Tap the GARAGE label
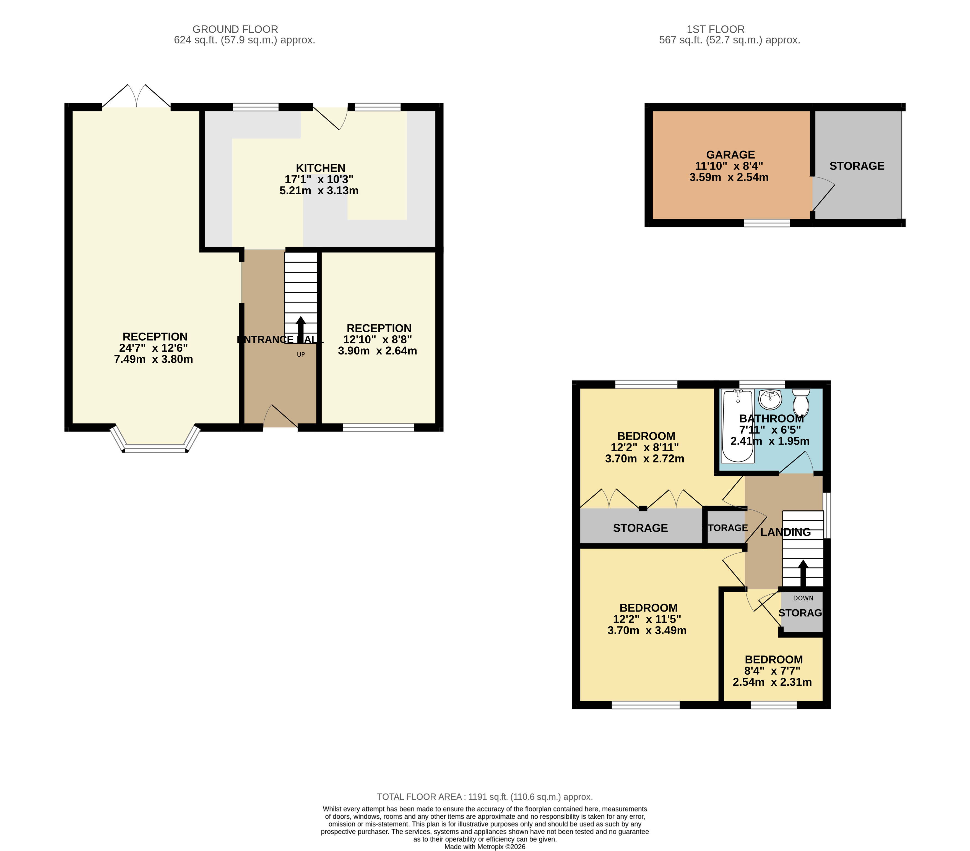[730, 155]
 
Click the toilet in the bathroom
[801, 402]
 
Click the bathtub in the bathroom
[738, 426]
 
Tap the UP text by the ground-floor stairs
[301, 354]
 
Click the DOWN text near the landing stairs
[803, 598]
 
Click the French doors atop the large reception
[137, 96]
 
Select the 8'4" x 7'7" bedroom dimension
[772, 671]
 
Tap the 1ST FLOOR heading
[716, 29]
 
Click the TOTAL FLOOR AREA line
[485, 797]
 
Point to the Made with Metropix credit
[485, 847]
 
